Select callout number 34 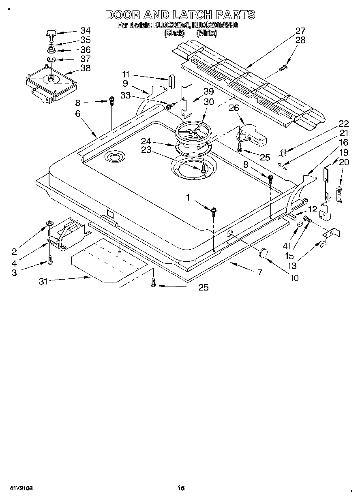point(85,30)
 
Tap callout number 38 point(85,68)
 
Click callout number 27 point(300,30)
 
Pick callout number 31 point(43,281)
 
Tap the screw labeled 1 point(213,210)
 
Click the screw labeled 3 point(50,261)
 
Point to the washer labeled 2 point(49,223)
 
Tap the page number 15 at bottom point(181,489)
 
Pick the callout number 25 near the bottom point(203,287)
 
